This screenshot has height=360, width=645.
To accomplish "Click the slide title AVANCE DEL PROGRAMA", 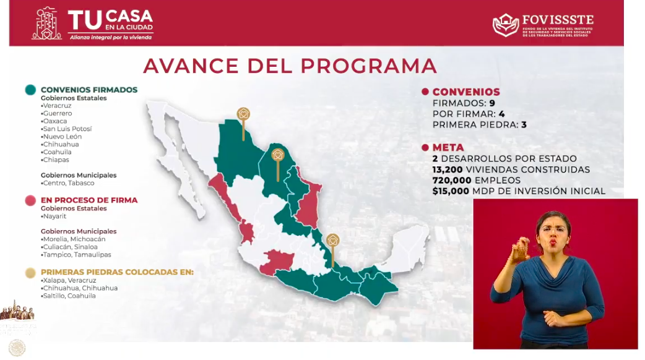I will click(x=290, y=66).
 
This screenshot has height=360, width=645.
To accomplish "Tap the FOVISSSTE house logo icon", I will click(x=506, y=25).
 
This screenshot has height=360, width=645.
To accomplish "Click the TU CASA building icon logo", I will click(x=47, y=24).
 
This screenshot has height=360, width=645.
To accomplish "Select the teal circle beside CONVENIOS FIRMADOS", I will click(x=30, y=90).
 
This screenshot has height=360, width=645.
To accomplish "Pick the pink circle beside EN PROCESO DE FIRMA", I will click(x=30, y=200).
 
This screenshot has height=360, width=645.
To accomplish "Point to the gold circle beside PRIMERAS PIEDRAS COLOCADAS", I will click(x=30, y=272).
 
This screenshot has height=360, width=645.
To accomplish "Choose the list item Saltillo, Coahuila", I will click(x=69, y=296).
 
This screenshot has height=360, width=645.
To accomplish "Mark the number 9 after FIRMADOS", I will click(x=491, y=103).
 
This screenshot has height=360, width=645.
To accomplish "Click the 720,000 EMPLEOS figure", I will click(x=452, y=180).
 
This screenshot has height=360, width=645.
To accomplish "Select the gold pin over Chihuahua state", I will click(x=243, y=114).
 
